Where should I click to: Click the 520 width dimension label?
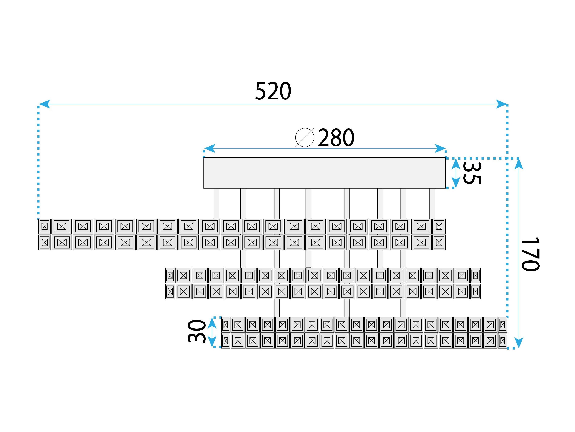click(273, 91)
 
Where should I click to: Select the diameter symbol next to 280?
click(305, 137)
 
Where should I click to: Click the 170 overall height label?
click(530, 254)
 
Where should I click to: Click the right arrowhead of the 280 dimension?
click(440, 148)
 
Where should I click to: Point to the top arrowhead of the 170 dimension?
click(519, 164)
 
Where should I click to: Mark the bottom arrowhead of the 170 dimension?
click(519, 342)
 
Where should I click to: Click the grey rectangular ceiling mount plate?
click(324, 173)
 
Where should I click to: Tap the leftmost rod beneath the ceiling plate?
click(216, 203)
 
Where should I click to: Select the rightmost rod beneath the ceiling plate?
click(432, 203)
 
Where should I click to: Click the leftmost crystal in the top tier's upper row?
click(44, 226)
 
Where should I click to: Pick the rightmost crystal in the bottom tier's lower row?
click(503, 341)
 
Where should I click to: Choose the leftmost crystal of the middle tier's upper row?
click(170, 275)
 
